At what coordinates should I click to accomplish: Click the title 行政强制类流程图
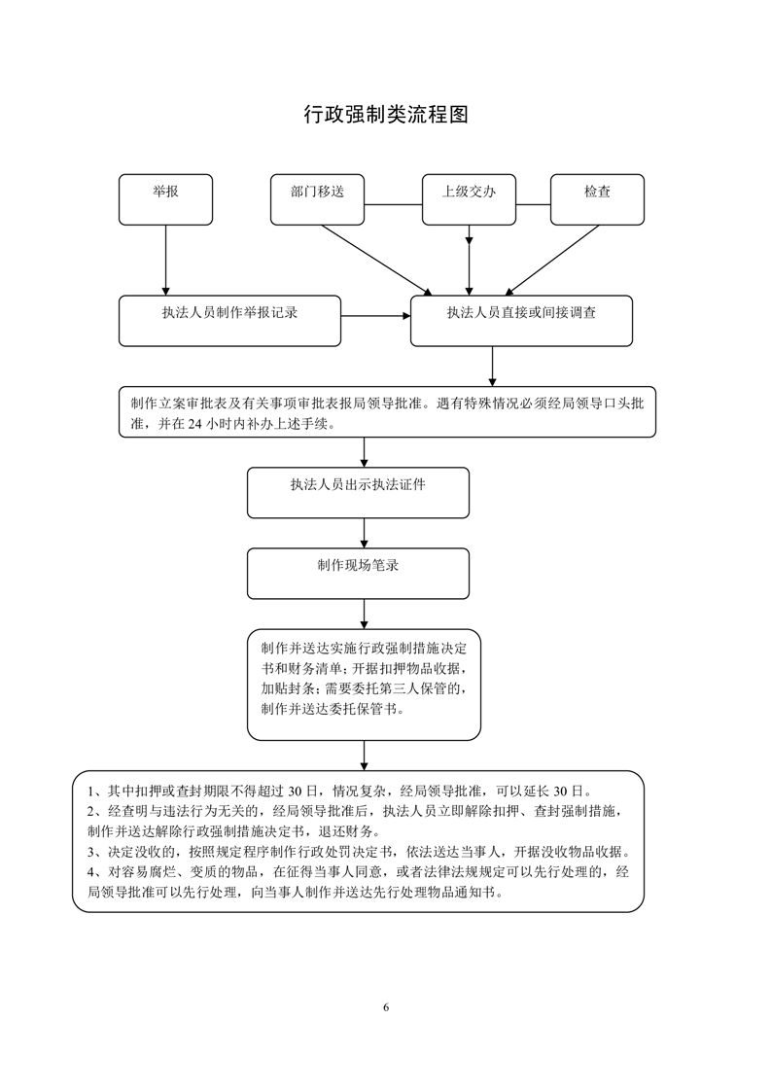click(x=386, y=115)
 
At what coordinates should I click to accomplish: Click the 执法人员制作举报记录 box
click(x=229, y=321)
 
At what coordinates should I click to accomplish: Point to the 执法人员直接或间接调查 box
click(x=521, y=321)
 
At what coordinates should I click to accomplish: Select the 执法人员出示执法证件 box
click(x=358, y=492)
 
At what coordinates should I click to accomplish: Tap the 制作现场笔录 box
click(x=358, y=573)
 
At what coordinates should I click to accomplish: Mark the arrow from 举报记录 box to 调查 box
click(x=375, y=315)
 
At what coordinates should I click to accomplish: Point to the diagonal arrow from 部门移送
click(x=375, y=259)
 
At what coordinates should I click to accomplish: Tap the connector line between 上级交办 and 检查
click(x=533, y=205)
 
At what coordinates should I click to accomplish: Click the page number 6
click(x=386, y=1006)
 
